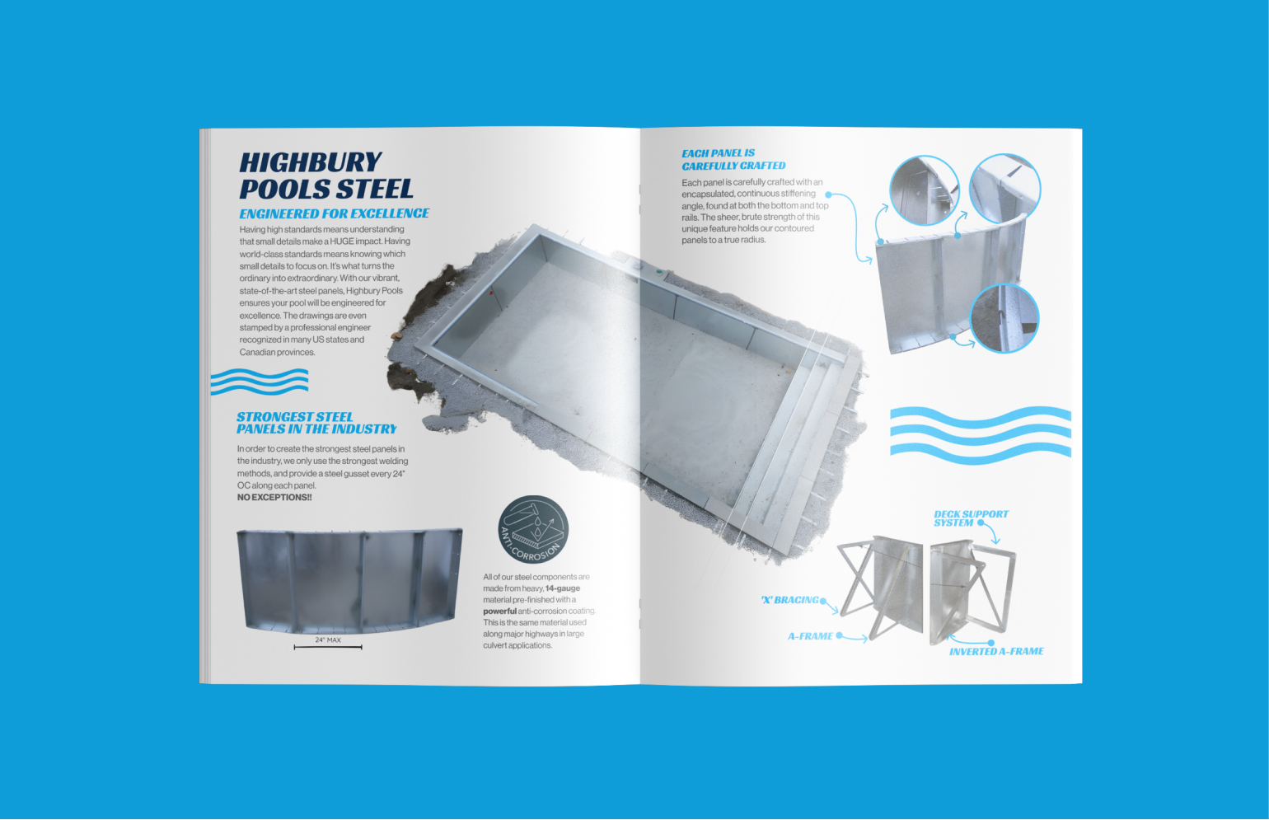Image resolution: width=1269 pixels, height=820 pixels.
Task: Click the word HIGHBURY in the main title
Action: [x=311, y=162]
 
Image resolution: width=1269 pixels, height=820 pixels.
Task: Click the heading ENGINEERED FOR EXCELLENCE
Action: [x=335, y=213]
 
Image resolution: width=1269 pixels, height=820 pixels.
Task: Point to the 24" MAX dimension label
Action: [x=328, y=640]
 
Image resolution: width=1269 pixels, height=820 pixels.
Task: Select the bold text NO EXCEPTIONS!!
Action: [x=274, y=498]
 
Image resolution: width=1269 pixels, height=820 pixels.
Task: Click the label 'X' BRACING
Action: [x=790, y=600]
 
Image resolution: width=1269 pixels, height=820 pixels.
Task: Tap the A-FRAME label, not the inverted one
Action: [x=810, y=636]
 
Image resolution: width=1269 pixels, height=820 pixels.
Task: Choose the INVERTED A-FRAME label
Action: [x=996, y=652]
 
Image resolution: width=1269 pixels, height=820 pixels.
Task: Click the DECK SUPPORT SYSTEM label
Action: [x=971, y=518]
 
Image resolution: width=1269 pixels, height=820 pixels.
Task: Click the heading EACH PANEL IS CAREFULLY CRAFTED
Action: [x=733, y=159]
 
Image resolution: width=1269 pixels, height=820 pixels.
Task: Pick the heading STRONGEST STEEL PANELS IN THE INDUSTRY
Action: [x=316, y=423]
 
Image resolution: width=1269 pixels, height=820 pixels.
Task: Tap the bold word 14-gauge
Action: [x=563, y=588]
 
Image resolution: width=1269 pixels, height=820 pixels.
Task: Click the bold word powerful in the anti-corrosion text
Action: [x=499, y=611]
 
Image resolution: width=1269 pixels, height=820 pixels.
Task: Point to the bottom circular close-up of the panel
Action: [x=1004, y=317]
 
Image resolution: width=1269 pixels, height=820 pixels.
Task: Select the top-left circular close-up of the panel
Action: [x=925, y=190]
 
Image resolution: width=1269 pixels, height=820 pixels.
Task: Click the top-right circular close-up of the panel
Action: [x=1005, y=188]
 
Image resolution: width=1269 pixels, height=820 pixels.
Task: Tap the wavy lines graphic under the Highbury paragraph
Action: [x=260, y=381]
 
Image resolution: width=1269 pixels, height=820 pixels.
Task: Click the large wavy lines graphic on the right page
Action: [x=981, y=435]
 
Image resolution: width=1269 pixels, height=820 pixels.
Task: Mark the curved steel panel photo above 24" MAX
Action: [x=349, y=580]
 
